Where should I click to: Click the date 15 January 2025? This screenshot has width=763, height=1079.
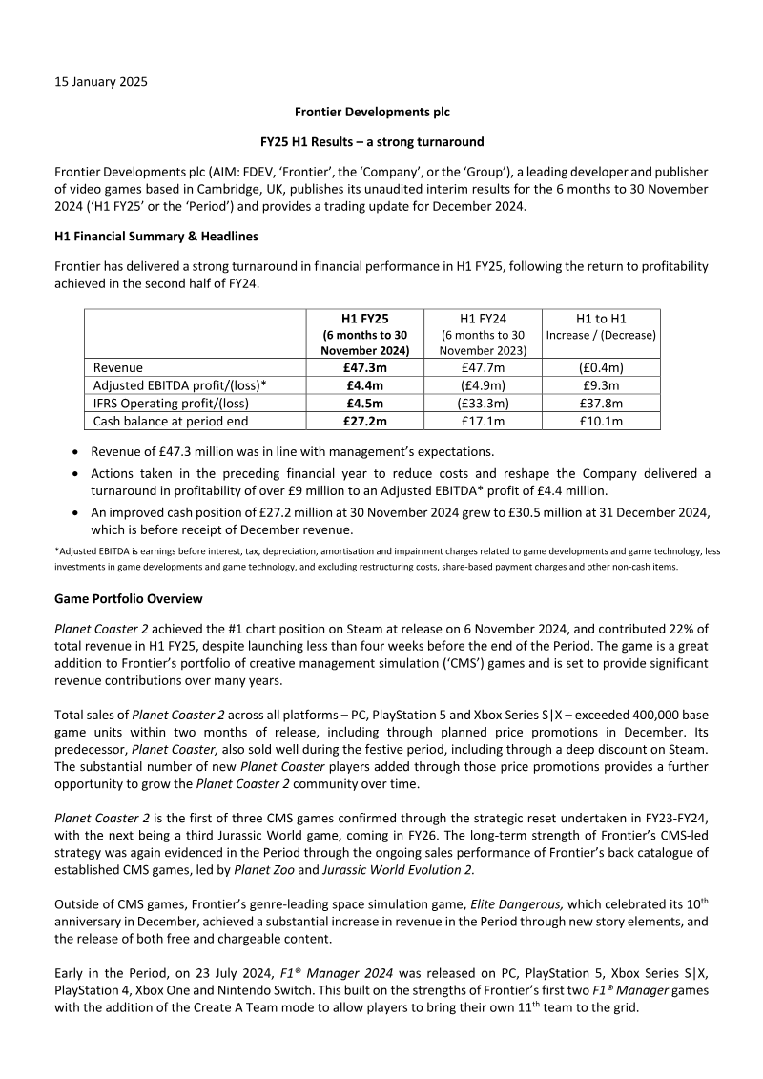[x=100, y=81]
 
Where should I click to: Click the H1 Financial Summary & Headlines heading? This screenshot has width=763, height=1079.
[x=150, y=236]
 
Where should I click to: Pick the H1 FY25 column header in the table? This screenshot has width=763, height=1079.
[x=364, y=318]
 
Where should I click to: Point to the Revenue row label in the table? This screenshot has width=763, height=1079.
[x=117, y=367]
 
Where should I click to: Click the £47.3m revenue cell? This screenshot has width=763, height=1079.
[x=364, y=367]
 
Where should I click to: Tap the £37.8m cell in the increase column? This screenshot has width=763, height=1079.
[x=601, y=403]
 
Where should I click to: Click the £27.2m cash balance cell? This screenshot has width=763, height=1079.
[x=364, y=421]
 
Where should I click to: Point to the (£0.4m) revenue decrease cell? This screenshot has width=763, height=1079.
[x=601, y=367]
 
